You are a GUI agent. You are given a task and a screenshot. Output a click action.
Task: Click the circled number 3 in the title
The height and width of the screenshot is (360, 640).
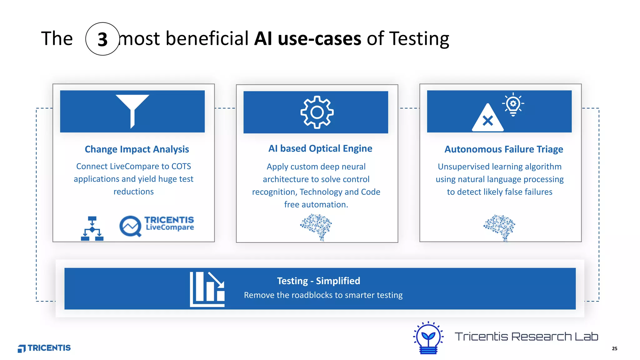point(102,39)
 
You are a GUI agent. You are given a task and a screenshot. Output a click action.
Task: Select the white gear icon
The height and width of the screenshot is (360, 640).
point(317,112)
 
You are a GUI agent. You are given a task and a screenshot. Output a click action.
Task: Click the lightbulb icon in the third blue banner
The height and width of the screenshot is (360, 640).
point(513,104)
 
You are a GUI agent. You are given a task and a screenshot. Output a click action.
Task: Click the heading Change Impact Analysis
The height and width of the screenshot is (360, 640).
point(137,149)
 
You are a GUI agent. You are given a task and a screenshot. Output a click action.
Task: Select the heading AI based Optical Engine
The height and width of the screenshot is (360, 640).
point(320,148)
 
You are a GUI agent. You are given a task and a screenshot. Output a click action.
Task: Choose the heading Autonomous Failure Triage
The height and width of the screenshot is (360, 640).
point(504,149)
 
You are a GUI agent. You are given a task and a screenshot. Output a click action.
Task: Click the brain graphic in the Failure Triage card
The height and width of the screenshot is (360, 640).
point(500,227)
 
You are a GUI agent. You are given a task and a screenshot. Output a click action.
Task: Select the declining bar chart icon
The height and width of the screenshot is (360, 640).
point(207,289)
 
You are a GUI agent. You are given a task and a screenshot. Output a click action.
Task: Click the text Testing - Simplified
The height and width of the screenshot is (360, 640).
point(318,281)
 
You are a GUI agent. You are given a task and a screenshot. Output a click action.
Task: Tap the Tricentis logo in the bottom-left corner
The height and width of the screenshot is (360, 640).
point(44,348)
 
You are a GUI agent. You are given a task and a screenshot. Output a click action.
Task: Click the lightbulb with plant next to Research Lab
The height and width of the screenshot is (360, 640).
point(428,338)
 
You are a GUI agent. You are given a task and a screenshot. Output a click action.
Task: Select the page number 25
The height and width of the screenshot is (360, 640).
point(614,348)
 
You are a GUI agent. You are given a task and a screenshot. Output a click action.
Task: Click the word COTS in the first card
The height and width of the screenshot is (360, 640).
point(181,166)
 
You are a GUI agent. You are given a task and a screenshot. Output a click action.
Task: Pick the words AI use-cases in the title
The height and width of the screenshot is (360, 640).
point(307,39)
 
